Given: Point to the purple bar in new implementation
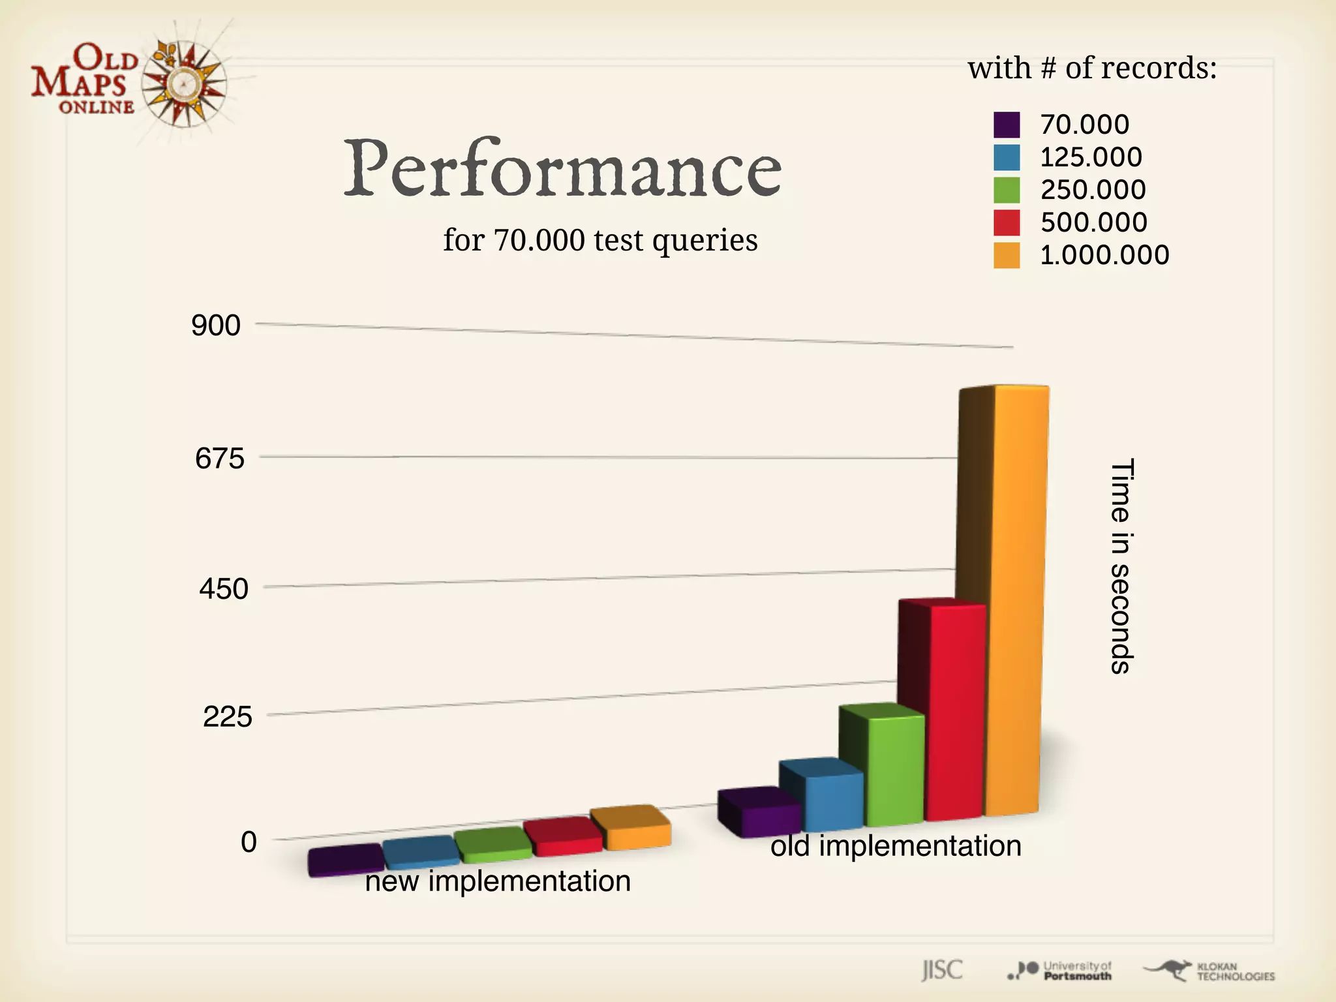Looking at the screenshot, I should click(x=346, y=862).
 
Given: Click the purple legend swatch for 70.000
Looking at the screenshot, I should click(x=1006, y=125).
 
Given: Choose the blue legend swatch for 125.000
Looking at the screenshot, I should click(x=1006, y=157).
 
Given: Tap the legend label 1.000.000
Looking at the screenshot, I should click(x=1104, y=255).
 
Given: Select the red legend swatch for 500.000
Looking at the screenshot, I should click(x=1006, y=222).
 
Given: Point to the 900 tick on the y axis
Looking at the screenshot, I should click(x=215, y=326).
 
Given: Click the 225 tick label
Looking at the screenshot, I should click(x=227, y=717).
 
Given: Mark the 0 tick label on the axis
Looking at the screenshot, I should click(x=249, y=842).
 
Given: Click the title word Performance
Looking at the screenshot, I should click(x=562, y=168).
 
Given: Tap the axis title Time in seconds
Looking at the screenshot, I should click(x=1121, y=566).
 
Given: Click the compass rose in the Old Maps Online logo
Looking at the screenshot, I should click(x=185, y=83).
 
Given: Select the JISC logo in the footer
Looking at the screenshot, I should click(x=942, y=970).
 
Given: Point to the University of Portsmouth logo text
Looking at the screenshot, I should click(x=1077, y=971).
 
